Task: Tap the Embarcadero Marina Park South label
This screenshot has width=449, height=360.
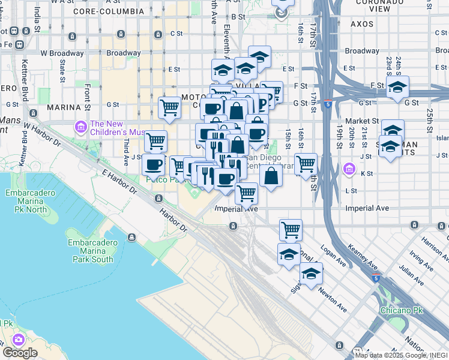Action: pyautogui.click(x=90, y=251)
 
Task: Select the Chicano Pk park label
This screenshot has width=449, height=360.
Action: pyautogui.click(x=402, y=310)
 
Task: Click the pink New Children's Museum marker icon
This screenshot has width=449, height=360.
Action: pyautogui.click(x=80, y=127)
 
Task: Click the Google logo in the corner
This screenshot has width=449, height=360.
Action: pyautogui.click(x=20, y=352)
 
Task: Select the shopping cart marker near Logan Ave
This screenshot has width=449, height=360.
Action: pyautogui.click(x=291, y=229)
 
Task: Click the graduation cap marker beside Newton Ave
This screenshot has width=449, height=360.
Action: pyautogui.click(x=311, y=273)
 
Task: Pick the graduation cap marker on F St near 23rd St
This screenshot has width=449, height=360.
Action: pyautogui.click(x=397, y=87)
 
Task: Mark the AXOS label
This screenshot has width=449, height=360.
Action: pyautogui.click(x=362, y=24)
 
